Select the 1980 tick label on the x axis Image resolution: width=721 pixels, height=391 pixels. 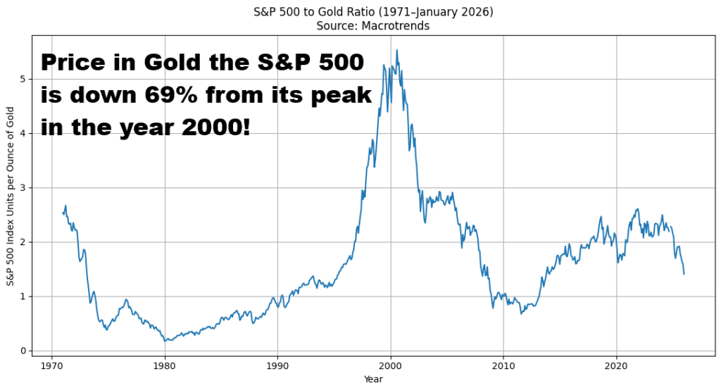click(x=165, y=366)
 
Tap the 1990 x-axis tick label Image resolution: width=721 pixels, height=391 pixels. click(x=277, y=366)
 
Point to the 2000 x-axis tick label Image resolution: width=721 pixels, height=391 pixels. click(x=391, y=366)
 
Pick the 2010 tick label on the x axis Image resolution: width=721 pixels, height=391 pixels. click(x=503, y=366)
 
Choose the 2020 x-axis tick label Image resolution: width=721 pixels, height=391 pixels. click(x=616, y=366)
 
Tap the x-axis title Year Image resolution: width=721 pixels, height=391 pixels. click(x=374, y=380)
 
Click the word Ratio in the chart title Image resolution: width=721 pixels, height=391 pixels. click(x=341, y=12)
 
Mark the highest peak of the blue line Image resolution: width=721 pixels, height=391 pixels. click(x=396, y=50)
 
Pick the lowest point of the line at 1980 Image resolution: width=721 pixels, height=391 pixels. click(x=165, y=341)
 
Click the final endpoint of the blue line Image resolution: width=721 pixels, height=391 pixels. click(x=684, y=274)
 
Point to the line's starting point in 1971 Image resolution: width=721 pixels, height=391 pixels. click(x=63, y=213)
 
